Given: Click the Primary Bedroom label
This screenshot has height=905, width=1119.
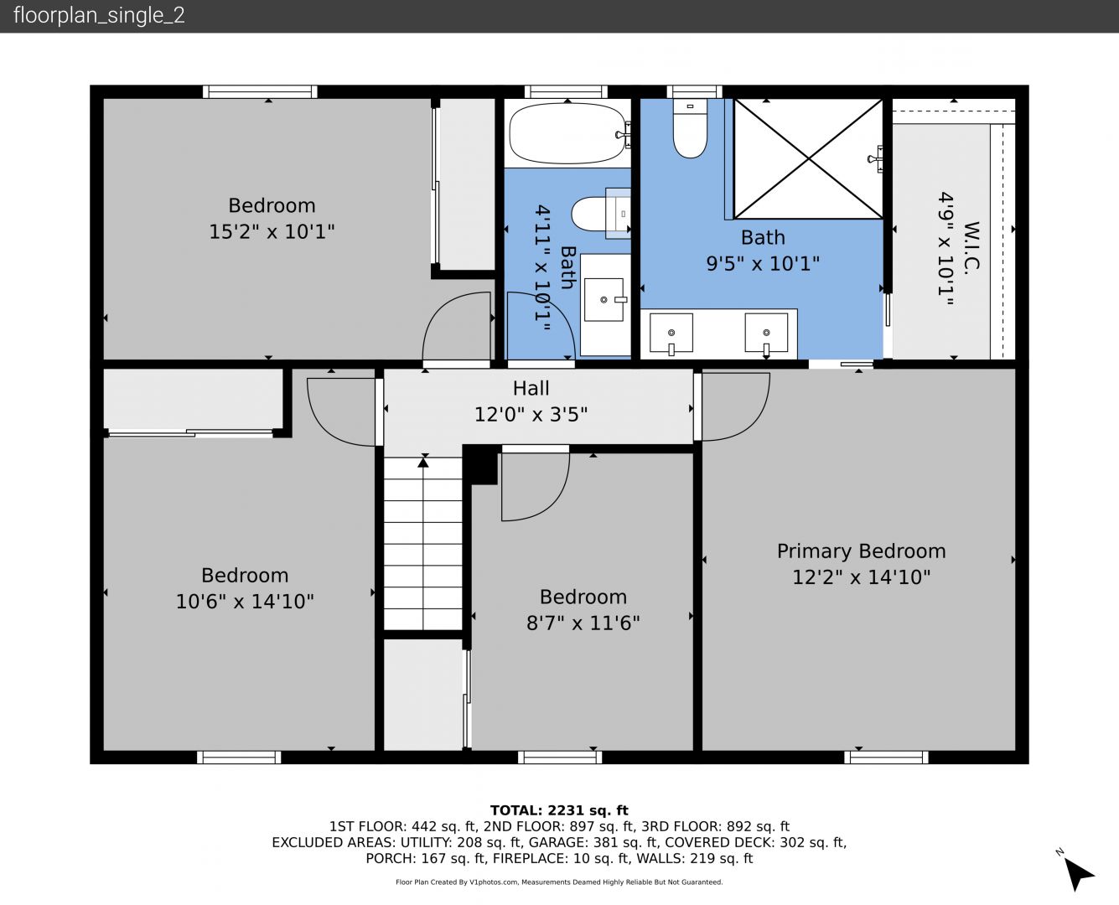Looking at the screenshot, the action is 861,551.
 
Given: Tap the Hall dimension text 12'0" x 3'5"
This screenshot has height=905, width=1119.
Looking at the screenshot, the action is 531,415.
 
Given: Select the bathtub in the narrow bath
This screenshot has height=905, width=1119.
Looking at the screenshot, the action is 567,133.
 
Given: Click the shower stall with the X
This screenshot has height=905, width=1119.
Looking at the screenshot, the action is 808,158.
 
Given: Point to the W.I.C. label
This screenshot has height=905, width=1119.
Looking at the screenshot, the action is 971,246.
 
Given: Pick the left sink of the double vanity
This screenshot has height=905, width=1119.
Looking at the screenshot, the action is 671,333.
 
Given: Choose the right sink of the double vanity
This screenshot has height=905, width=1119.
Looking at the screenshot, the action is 766,333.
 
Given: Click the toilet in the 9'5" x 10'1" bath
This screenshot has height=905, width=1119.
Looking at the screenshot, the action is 690,128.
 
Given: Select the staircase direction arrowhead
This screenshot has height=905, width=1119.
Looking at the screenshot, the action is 423,463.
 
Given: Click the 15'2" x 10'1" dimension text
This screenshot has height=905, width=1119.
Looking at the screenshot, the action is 272,231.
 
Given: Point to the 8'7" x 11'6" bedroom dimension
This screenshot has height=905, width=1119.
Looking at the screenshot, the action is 583,623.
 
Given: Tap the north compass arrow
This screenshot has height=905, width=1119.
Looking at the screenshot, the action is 1078,874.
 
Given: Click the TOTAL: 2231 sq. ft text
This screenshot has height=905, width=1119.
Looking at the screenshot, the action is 559,810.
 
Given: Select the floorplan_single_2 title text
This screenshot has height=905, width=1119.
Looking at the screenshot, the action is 99,15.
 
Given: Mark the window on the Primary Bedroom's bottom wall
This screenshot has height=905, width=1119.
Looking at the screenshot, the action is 886,757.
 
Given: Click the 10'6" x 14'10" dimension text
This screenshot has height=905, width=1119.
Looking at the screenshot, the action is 245,602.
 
